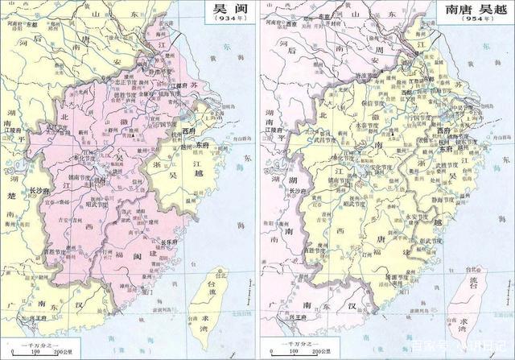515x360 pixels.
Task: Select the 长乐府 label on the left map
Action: tap(168, 241)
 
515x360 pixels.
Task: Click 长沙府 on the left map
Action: tap(40, 191)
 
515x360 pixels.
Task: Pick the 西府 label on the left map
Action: tap(188, 130)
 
